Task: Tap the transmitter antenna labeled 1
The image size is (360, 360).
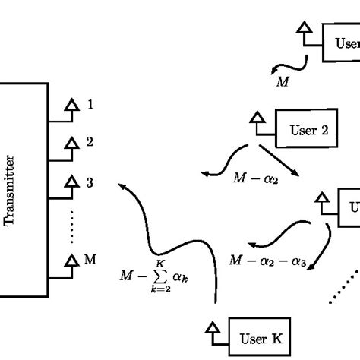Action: pos(72,106)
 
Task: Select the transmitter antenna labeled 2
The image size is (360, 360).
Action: pos(72,143)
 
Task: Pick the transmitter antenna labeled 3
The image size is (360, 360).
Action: pos(72,182)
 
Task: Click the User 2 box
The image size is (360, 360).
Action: pos(308,130)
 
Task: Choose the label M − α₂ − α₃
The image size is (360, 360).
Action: pos(267,261)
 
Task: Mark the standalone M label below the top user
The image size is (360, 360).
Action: pos(282,80)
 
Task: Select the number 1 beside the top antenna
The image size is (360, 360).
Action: pos(90,104)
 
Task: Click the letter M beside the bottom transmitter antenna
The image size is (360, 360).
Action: pos(90,260)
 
